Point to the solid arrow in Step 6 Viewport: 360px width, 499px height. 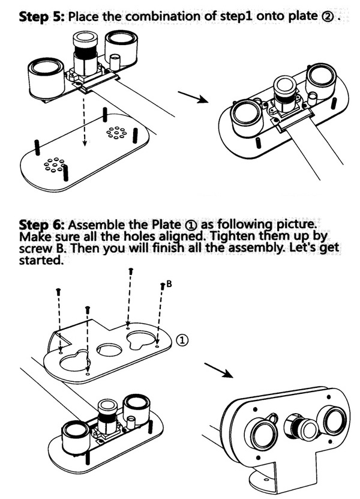pos(218,370)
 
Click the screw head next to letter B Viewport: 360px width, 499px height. pos(161,286)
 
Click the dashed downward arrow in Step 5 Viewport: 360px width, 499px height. pos(84,120)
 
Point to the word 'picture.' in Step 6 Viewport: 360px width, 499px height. pos(291,224)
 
